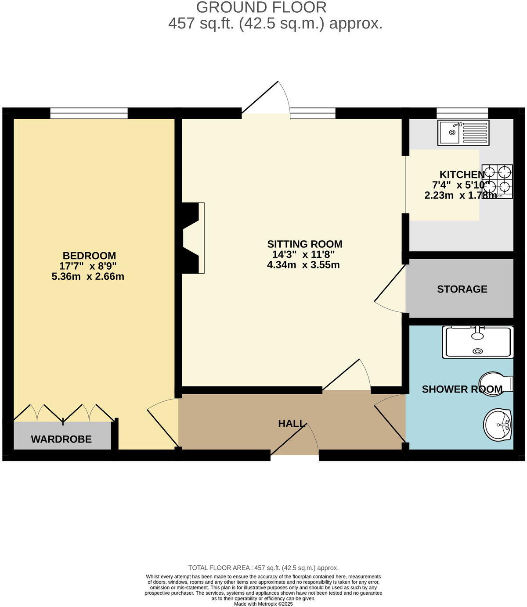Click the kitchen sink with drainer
point(463,132)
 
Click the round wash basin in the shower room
point(498,425)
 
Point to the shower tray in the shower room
point(477,342)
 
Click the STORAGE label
point(462,289)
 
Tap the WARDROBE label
point(61,439)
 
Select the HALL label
point(292,424)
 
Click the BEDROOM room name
point(89,256)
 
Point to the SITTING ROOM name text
point(305,244)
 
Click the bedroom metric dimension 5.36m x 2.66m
point(88,277)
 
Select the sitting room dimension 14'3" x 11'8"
point(303,255)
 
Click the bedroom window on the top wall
point(89,114)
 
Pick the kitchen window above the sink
point(462,114)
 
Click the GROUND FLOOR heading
point(261,7)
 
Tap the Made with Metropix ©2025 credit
point(263,604)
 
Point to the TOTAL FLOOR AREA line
point(263,568)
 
